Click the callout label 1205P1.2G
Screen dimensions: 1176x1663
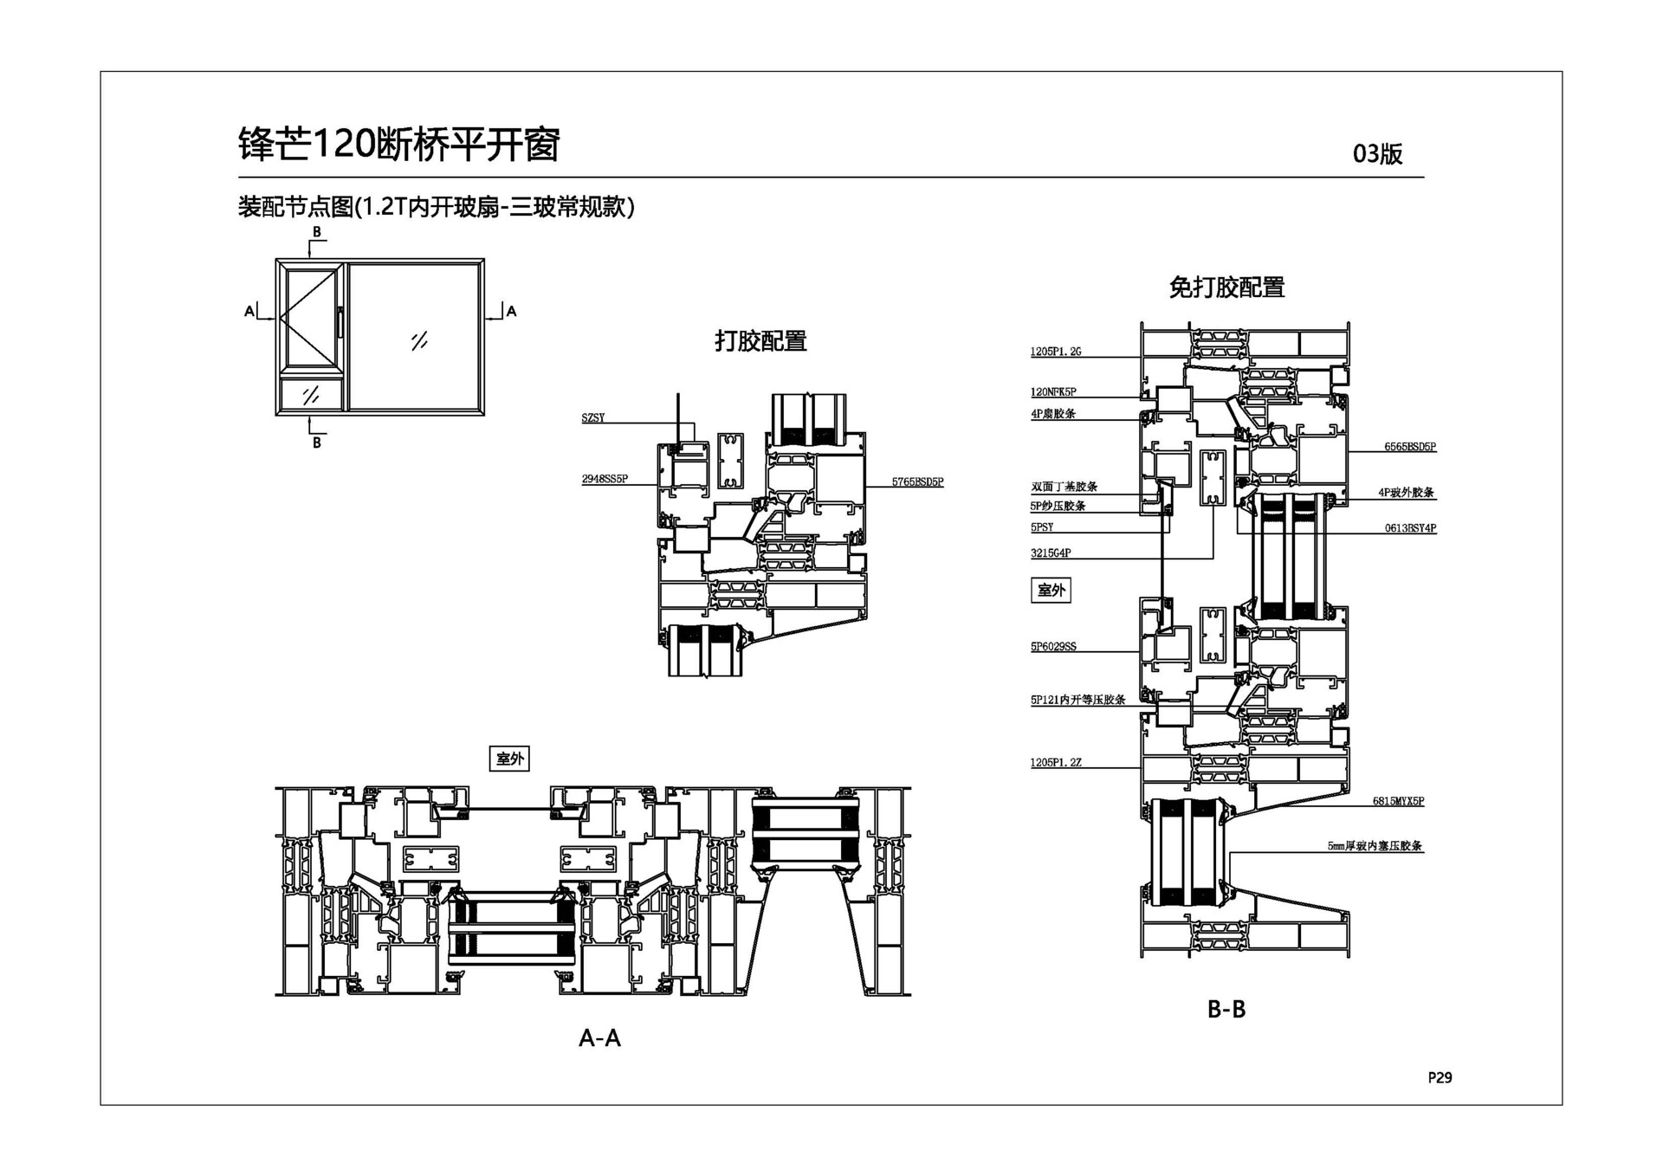pyautogui.click(x=1055, y=352)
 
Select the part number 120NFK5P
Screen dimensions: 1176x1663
pyautogui.click(x=1053, y=392)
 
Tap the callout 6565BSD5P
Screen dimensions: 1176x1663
pyautogui.click(x=1409, y=447)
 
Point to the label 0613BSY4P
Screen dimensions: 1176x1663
pyautogui.click(x=1409, y=527)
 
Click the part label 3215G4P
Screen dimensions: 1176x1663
pyautogui.click(x=1051, y=552)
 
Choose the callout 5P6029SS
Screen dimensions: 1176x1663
pyautogui.click(x=1053, y=647)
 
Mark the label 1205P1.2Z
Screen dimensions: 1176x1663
pyautogui.click(x=1055, y=763)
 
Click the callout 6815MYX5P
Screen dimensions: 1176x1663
pyautogui.click(x=1397, y=801)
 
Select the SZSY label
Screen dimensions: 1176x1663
pyautogui.click(x=593, y=418)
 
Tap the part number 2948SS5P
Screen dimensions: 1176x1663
pyautogui.click(x=605, y=479)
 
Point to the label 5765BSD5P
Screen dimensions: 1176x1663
pyautogui.click(x=917, y=482)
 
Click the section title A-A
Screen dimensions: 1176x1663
pyautogui.click(x=599, y=1037)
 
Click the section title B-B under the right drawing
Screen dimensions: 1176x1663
pyautogui.click(x=1226, y=1009)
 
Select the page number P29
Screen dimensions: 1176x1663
pyautogui.click(x=1440, y=1077)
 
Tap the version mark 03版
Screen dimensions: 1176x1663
pyautogui.click(x=1377, y=154)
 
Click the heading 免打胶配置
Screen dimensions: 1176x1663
pyautogui.click(x=1226, y=288)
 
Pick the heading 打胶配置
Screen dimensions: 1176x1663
pyautogui.click(x=760, y=341)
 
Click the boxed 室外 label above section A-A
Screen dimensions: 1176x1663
pyautogui.click(x=509, y=759)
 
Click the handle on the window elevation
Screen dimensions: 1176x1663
pyautogui.click(x=340, y=321)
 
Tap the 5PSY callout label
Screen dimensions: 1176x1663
pyautogui.click(x=1042, y=527)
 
